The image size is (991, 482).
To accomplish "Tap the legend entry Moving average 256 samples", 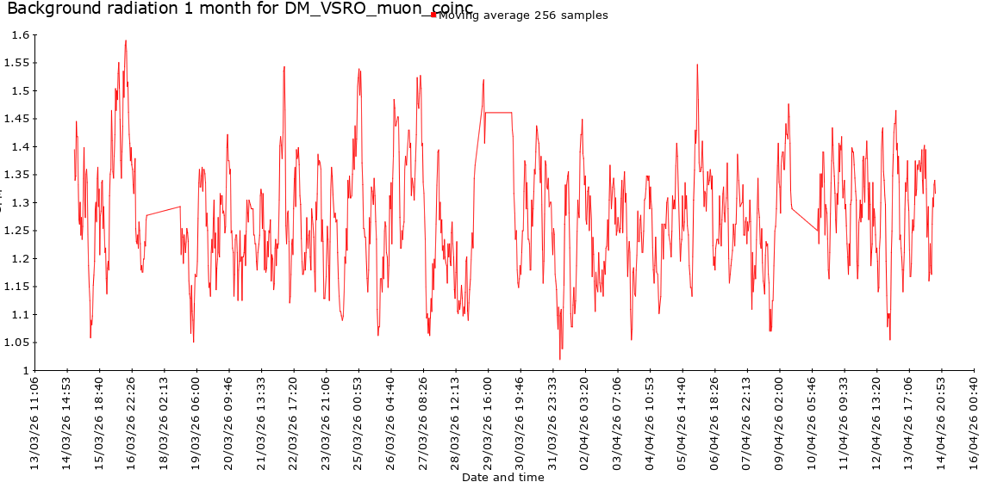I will pos(522,15).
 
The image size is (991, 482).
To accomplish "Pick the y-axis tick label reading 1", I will pos(26,370).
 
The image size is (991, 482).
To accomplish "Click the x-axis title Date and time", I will pos(502,476).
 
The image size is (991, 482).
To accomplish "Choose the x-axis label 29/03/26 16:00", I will pos(488,422).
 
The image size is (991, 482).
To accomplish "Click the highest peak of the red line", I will pos(126,40).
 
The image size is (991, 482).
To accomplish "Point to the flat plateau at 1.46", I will pos(498,112).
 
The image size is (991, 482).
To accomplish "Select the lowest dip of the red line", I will pos(560,359).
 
